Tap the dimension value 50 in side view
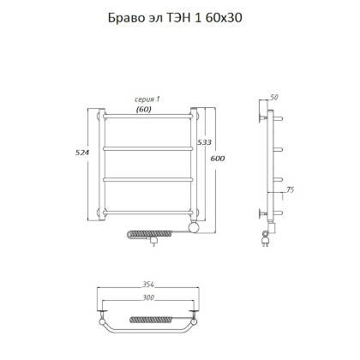pos(275,99)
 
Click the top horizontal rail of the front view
pos(148,115)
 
